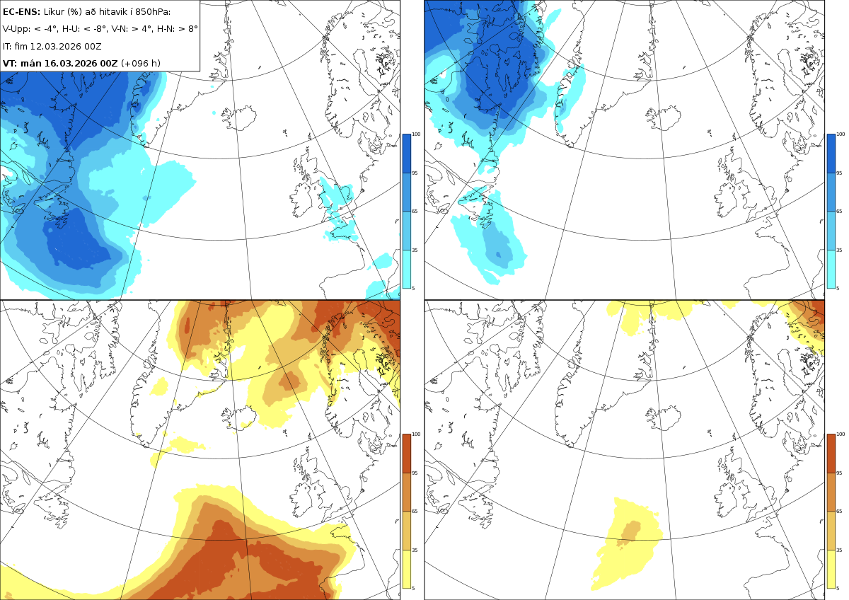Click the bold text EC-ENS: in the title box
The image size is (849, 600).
[x=21, y=12]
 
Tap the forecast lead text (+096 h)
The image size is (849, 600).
[x=141, y=63]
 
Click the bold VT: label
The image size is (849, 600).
[x=10, y=63]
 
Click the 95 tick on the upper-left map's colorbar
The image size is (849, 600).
[x=415, y=173]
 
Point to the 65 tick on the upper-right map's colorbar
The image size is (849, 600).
[x=839, y=211]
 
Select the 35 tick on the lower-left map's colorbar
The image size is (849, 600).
[x=415, y=550]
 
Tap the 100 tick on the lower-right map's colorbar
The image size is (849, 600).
[x=841, y=434]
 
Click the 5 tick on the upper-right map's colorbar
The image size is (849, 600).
[x=838, y=288]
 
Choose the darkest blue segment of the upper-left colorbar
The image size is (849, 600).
[x=406, y=154]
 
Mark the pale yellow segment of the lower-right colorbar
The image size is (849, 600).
[x=831, y=569]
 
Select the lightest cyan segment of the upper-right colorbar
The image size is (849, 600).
[x=831, y=269]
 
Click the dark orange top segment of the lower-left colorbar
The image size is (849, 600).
[x=406, y=454]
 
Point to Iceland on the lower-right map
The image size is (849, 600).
[x=664, y=418]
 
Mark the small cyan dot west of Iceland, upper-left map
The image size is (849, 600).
[x=214, y=113]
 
